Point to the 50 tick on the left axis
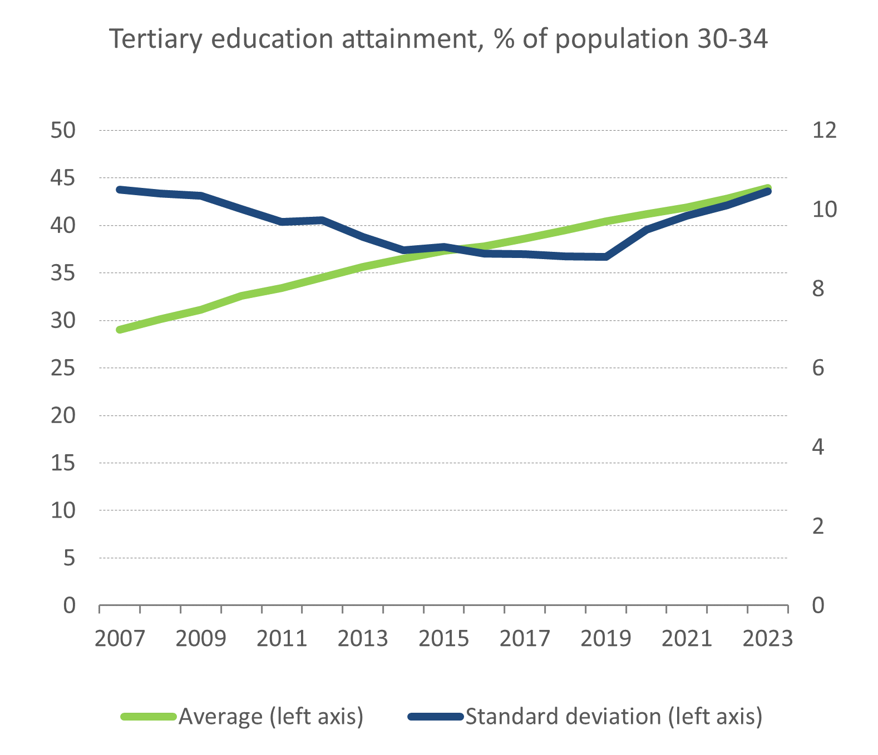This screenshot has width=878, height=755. tap(62, 131)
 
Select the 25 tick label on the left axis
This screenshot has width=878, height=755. tap(62, 368)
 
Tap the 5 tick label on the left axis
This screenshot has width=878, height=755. tap(68, 558)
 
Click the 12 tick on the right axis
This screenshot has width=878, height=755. tap(824, 131)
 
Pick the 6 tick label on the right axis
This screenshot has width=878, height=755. tap(818, 368)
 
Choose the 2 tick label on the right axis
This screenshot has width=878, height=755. tap(818, 526)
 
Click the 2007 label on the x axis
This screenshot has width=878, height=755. tap(120, 639)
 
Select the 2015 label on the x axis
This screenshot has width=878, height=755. tap(443, 639)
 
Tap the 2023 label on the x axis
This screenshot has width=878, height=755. tap(767, 639)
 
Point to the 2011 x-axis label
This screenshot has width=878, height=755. tap(282, 639)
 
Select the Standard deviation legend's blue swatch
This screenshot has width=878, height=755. tap(436, 717)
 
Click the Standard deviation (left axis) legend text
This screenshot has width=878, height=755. tap(614, 717)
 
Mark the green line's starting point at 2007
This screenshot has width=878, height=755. tap(120, 330)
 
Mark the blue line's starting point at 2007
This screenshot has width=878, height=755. tap(120, 190)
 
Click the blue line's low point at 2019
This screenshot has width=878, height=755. tap(605, 257)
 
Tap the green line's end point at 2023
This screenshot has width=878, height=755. tap(768, 188)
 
